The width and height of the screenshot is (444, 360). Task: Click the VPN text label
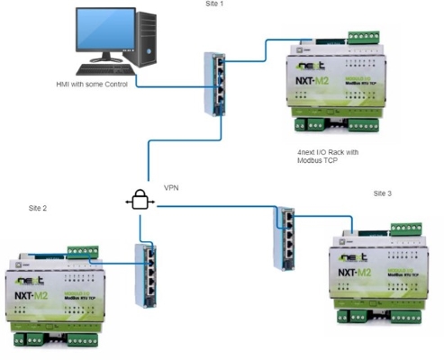pos(171,189)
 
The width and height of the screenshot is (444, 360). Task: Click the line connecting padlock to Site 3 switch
pos(216,207)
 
